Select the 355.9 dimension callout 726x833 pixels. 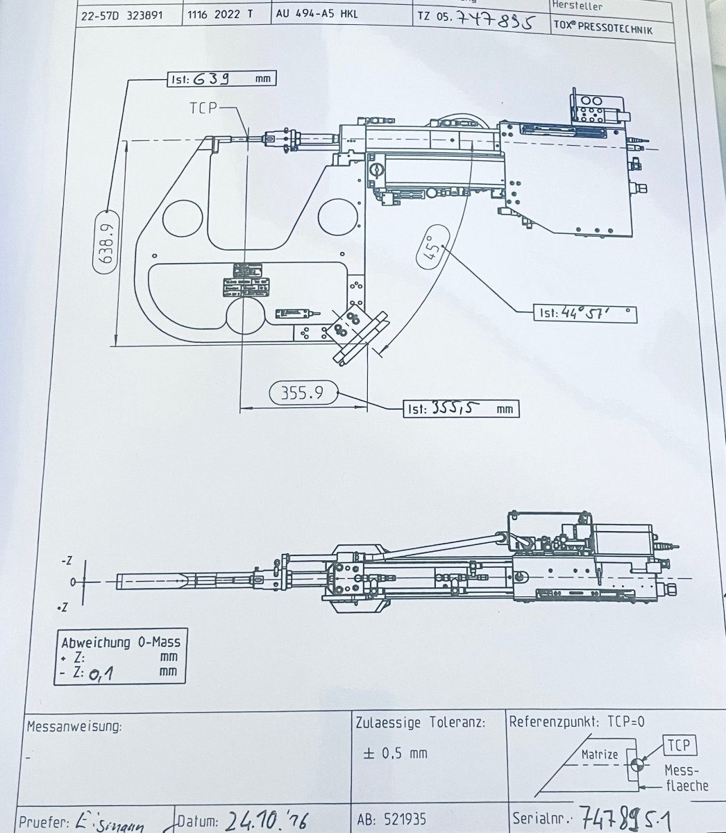[302, 393]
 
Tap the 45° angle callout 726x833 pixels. [430, 246]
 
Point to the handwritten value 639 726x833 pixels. [212, 79]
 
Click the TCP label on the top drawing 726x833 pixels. [203, 107]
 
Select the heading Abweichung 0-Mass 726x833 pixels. [119, 642]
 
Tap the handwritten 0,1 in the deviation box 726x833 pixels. [102, 673]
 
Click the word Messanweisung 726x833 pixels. [74, 727]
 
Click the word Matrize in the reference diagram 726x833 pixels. [599, 754]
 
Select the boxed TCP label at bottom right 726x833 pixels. [679, 746]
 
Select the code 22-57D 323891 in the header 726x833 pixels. [122, 14]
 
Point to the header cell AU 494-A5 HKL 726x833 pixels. [316, 13]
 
